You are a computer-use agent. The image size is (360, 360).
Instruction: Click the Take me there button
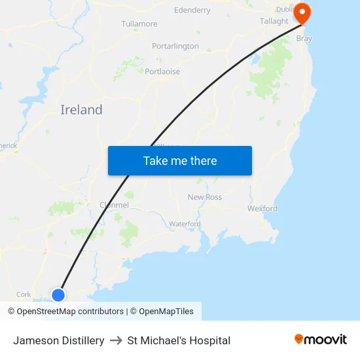180,160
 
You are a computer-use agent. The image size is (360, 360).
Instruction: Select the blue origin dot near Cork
58,295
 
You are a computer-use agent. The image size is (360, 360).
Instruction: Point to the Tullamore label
139,24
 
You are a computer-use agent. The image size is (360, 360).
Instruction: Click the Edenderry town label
192,10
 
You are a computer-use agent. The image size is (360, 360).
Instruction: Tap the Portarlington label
175,46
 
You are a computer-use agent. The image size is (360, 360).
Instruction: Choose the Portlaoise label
162,71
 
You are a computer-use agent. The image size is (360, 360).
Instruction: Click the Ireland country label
81,110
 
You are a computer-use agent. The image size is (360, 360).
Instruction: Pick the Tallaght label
274,22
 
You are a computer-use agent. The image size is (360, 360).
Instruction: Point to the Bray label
304,39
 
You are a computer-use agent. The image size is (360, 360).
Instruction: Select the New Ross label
205,197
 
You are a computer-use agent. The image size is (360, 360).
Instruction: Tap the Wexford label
262,209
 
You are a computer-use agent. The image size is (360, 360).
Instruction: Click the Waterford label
185,224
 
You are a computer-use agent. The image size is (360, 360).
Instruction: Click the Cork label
24,295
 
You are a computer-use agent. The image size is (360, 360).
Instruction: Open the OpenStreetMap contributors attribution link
69,312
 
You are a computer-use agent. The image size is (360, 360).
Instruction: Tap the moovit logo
321,340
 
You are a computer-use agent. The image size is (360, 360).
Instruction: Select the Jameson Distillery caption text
59,340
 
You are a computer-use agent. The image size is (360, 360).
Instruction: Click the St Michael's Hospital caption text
179,340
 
